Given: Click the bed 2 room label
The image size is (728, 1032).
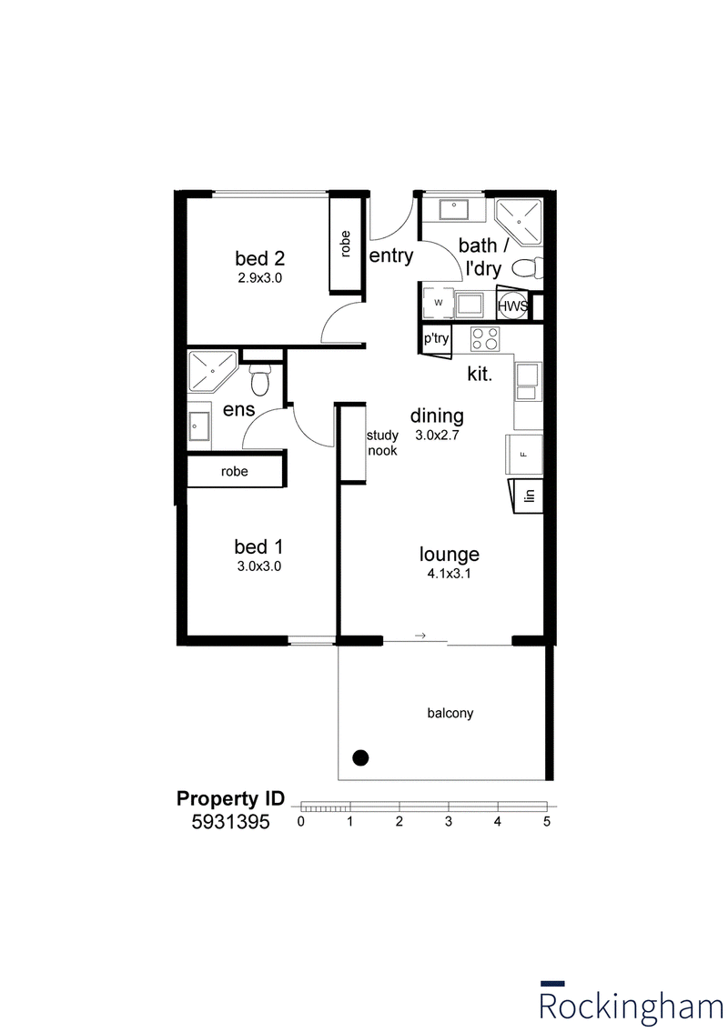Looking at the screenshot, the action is coord(259,258).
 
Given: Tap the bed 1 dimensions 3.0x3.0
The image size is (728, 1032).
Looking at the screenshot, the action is coord(259,566).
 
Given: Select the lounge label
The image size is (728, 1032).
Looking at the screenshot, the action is coord(450,554).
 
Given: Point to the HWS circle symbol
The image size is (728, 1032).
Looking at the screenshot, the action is coord(512,306).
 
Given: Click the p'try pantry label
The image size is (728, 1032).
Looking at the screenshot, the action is coord(436,339).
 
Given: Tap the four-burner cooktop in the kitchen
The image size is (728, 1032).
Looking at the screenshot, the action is coord(485,339).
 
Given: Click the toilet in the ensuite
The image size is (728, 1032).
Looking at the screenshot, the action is coord(260,379).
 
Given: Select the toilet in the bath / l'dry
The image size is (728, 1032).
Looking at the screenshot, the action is coord(527,268).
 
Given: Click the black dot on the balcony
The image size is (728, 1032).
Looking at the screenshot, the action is coord(360,757).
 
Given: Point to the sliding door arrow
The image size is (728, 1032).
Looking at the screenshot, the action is coord(420,636).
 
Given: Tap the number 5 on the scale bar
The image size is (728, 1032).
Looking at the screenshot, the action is coord(547,821).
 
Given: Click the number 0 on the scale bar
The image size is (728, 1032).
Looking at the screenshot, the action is coord(301,821).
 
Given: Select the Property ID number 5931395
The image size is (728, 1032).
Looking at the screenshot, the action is coord(230,822).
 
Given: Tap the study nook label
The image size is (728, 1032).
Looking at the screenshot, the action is coord(382,443).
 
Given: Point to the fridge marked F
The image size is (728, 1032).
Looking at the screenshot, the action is coord(524,454).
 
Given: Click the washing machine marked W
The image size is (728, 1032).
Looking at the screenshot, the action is coord(438,303).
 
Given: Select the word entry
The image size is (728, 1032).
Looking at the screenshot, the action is coord(391,256).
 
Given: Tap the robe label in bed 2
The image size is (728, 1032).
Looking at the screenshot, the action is coord(345,244).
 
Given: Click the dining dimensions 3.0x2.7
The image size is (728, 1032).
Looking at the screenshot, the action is coord(437,435).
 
